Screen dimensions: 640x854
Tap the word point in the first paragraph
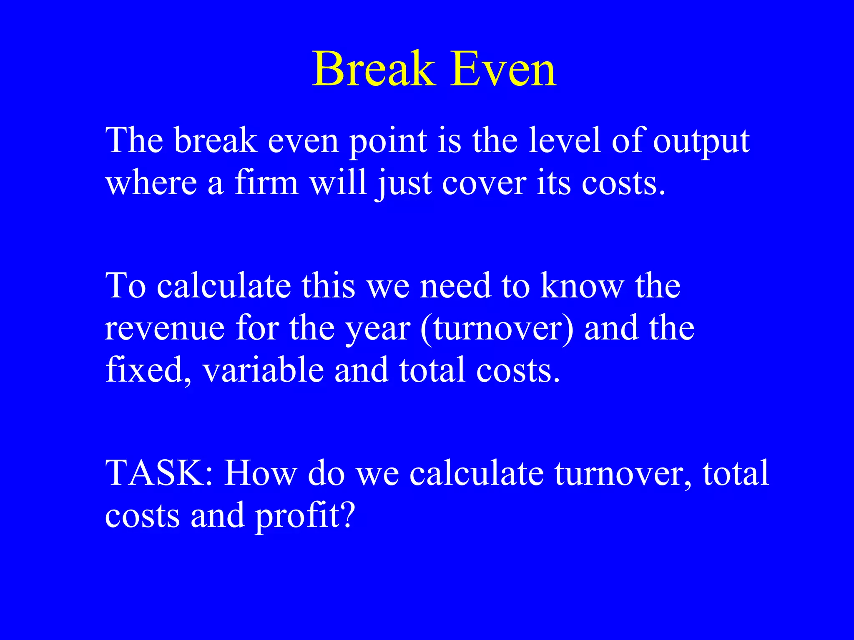[x=388, y=142]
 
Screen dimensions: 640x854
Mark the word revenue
[x=165, y=329]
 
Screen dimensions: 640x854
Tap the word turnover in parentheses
[x=496, y=329]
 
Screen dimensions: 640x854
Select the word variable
[x=263, y=370]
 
